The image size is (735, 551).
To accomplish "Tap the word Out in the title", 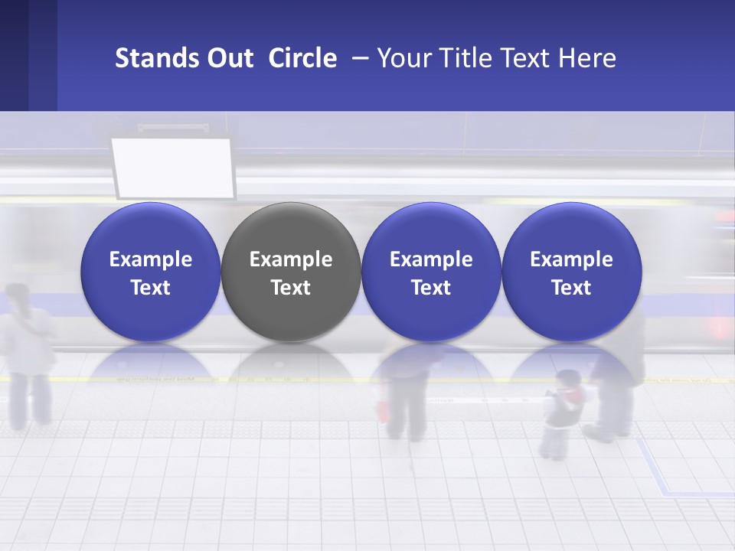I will pyautogui.click(x=228, y=58).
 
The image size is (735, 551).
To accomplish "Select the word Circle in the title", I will pyautogui.click(x=302, y=58).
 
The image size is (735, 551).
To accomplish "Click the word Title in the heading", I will pyautogui.click(x=467, y=58).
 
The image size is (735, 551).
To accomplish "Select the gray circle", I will pyautogui.click(x=291, y=272).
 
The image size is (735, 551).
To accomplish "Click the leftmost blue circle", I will pyautogui.click(x=150, y=272).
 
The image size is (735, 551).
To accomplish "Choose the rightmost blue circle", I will pyautogui.click(x=571, y=272).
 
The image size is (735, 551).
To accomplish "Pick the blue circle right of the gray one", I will pyautogui.click(x=431, y=272).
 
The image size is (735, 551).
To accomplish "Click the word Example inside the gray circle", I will pyautogui.click(x=291, y=259).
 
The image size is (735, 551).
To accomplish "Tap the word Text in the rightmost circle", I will pyautogui.click(x=571, y=288).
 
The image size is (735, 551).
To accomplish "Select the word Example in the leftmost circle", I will pyautogui.click(x=150, y=259).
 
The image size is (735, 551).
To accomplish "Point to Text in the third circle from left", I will pyautogui.click(x=431, y=288).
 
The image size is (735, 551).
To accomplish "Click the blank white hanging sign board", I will pyautogui.click(x=171, y=167).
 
